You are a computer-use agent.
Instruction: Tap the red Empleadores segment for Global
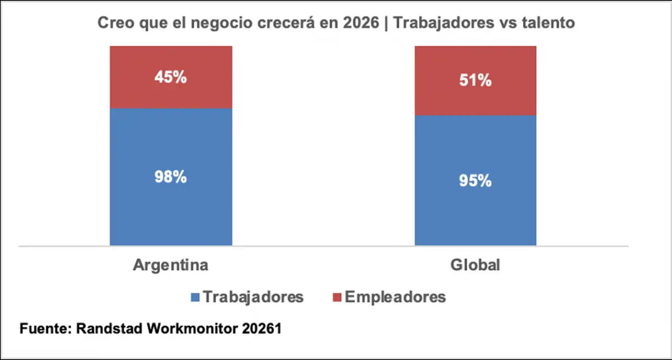click(475, 62)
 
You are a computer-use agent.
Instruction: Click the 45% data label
click(171, 77)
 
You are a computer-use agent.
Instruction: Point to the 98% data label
click(171, 177)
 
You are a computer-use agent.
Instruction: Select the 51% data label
click(475, 81)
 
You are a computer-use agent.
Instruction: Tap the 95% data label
click(475, 181)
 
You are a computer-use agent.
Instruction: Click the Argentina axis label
click(171, 264)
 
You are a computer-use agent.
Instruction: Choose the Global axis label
click(475, 264)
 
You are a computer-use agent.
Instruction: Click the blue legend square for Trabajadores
click(195, 296)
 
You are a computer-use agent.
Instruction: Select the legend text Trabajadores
click(253, 296)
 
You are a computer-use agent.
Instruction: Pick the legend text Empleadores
click(395, 296)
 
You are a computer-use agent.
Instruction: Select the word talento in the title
click(543, 23)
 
